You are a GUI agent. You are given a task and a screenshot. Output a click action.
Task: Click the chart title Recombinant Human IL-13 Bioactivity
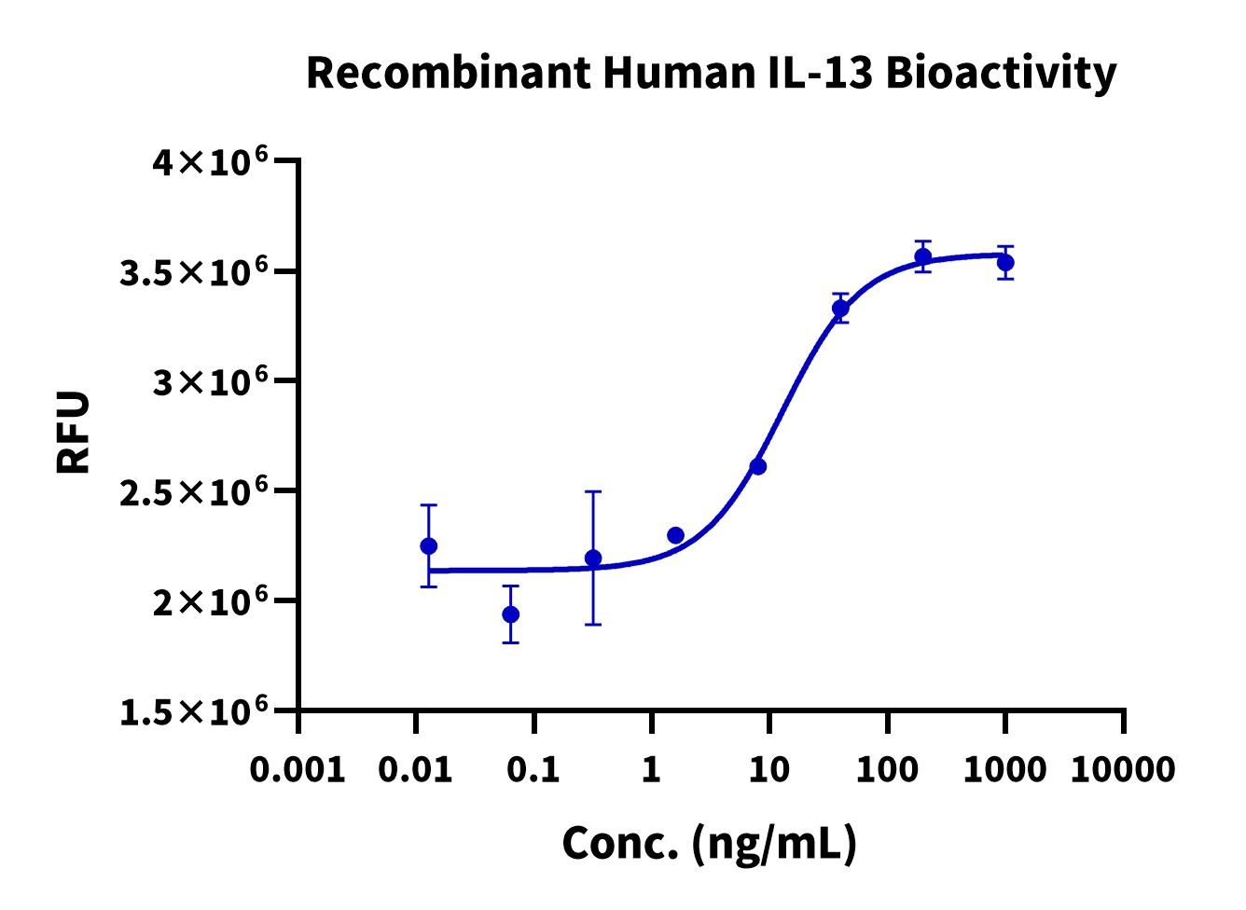tap(711, 73)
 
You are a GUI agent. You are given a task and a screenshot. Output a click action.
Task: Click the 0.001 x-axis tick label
tap(298, 770)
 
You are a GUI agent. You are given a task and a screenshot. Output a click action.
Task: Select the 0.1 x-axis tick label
tap(533, 770)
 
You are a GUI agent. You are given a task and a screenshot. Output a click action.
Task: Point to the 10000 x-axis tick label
tap(1123, 770)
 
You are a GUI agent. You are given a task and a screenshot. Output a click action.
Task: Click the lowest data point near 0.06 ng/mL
tap(511, 614)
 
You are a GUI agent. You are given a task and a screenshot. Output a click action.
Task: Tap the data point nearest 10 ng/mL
tap(758, 466)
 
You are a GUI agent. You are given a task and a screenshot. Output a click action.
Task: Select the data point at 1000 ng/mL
tap(1005, 263)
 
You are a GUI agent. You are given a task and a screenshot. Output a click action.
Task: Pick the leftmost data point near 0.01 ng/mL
tap(429, 545)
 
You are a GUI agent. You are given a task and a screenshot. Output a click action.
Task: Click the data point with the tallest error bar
tap(593, 558)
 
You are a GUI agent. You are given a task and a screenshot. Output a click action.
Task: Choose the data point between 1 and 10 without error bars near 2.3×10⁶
tap(676, 535)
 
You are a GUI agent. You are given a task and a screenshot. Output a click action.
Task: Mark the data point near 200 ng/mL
tap(923, 256)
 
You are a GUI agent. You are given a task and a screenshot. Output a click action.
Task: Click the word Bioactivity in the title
tap(1000, 73)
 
